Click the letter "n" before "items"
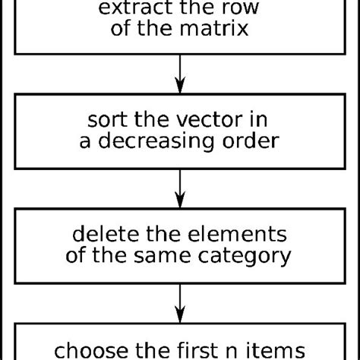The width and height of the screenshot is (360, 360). pos(237,352)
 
